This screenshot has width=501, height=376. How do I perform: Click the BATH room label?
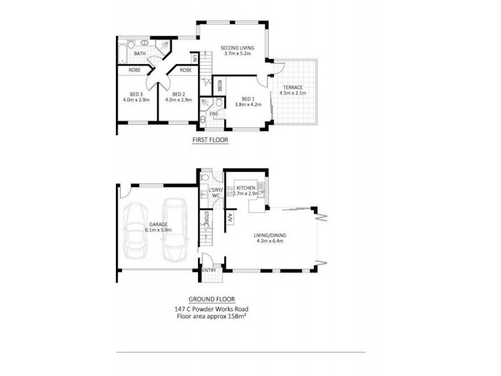[140, 54]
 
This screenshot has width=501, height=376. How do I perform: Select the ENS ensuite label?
[214, 113]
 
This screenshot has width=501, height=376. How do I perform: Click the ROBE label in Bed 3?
[135, 70]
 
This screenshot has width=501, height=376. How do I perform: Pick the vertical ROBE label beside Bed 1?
[220, 85]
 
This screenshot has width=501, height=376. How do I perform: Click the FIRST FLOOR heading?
[210, 141]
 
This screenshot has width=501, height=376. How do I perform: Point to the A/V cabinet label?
[230, 217]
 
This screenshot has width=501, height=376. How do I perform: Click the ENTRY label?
[209, 270]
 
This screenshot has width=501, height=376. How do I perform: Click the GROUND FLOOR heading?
[212, 300]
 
